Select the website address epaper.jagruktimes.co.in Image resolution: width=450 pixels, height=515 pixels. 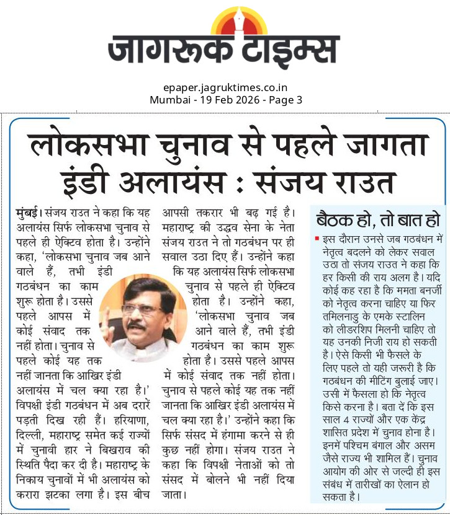pyautogui.click(x=225, y=88)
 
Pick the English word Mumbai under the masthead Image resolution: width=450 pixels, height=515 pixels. pyautogui.click(x=168, y=99)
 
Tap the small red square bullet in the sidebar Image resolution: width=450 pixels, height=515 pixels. pyautogui.click(x=317, y=238)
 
